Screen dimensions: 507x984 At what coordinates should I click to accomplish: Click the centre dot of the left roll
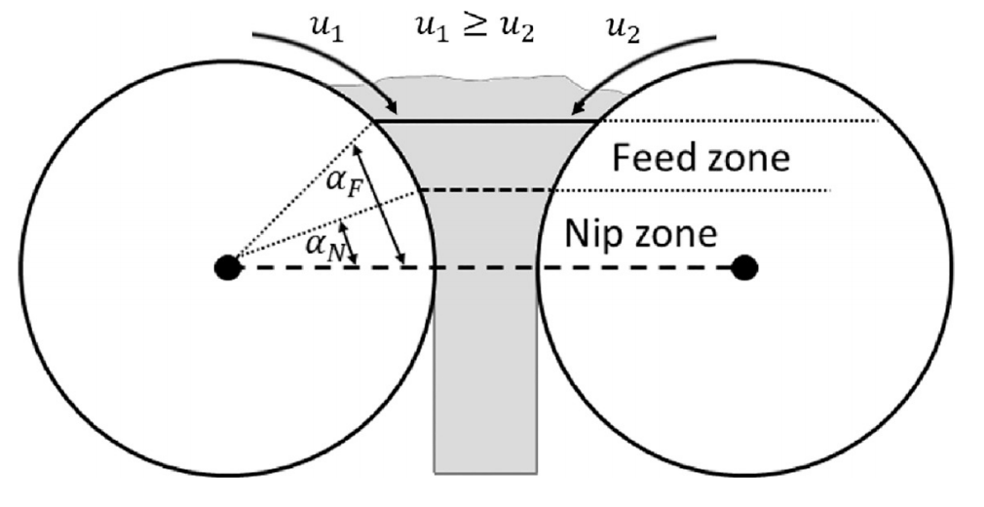tap(227, 265)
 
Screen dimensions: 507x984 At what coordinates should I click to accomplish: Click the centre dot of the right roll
tap(745, 265)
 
